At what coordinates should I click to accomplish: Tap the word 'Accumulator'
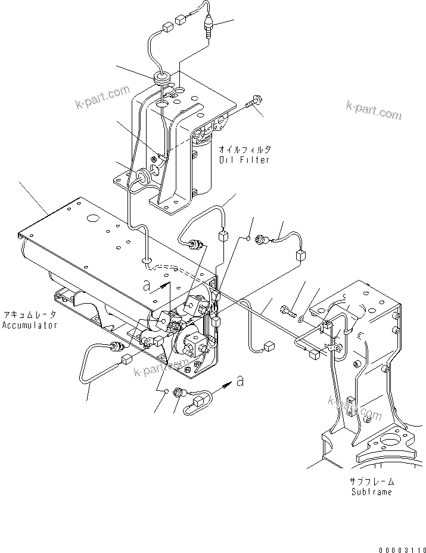(29, 325)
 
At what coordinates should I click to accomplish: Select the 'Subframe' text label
(371, 492)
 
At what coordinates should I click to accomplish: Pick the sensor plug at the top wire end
(209, 27)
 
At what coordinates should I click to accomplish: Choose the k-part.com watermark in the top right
(374, 110)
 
